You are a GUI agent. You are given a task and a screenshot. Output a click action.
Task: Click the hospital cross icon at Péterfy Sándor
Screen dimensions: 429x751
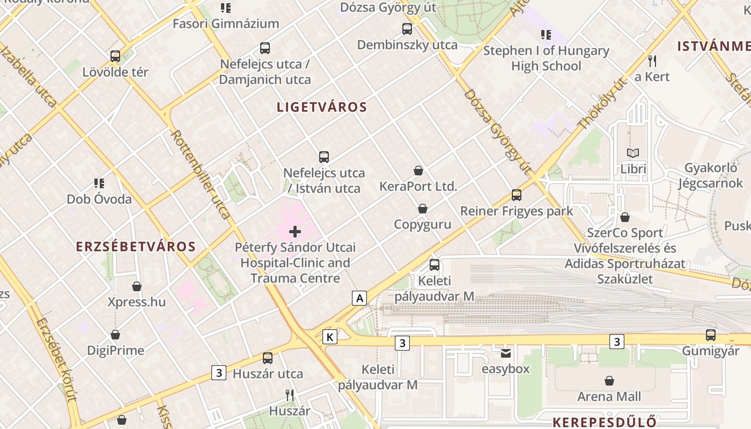[295, 232]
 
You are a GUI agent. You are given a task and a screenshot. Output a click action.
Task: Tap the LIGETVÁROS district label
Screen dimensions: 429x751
[322, 107]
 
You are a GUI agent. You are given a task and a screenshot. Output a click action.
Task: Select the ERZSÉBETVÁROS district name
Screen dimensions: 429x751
[136, 247]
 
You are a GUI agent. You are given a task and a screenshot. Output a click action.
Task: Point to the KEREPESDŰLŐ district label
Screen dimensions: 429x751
[605, 421]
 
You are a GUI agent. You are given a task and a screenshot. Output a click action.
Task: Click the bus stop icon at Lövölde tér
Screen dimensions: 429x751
[115, 56]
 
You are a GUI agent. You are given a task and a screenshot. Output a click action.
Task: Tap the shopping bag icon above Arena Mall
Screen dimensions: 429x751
[609, 381]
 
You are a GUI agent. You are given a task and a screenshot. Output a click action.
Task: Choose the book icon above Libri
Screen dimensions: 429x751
[634, 153]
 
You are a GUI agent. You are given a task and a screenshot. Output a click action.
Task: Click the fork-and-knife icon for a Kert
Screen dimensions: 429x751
[652, 61]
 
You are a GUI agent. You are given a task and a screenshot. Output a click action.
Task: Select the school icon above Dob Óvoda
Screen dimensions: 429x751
[99, 183]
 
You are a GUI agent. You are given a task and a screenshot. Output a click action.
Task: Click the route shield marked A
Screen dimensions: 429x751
[359, 298]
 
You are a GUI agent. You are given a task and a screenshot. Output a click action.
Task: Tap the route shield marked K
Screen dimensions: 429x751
[330, 337]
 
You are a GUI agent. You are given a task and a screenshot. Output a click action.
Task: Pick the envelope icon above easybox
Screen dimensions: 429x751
[506, 353]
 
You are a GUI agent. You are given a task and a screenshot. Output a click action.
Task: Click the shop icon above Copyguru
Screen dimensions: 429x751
[423, 209]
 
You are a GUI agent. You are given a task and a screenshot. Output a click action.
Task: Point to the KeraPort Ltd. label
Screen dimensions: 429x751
[418, 187]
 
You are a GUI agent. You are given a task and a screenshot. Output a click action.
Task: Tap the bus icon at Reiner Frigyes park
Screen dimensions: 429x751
[517, 195]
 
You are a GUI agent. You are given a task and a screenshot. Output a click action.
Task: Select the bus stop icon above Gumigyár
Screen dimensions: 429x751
[711, 335]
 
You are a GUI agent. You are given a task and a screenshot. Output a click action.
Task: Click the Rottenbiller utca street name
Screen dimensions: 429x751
[201, 174]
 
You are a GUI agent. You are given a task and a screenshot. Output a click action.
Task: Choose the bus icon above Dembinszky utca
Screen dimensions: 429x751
[407, 29]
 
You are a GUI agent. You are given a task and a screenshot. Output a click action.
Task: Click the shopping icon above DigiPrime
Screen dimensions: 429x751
[115, 335]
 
